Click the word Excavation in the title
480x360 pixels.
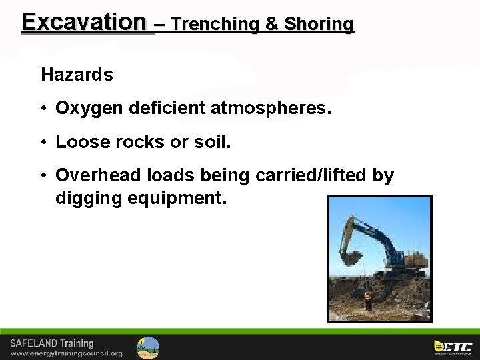click(83, 23)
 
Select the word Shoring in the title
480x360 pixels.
click(319, 25)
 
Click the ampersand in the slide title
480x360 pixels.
click(272, 25)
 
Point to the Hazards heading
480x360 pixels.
click(77, 75)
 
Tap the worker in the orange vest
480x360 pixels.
click(367, 299)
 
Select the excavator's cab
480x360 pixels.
click(396, 257)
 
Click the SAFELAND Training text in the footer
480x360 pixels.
click(51, 343)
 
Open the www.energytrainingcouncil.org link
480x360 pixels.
click(66, 353)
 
